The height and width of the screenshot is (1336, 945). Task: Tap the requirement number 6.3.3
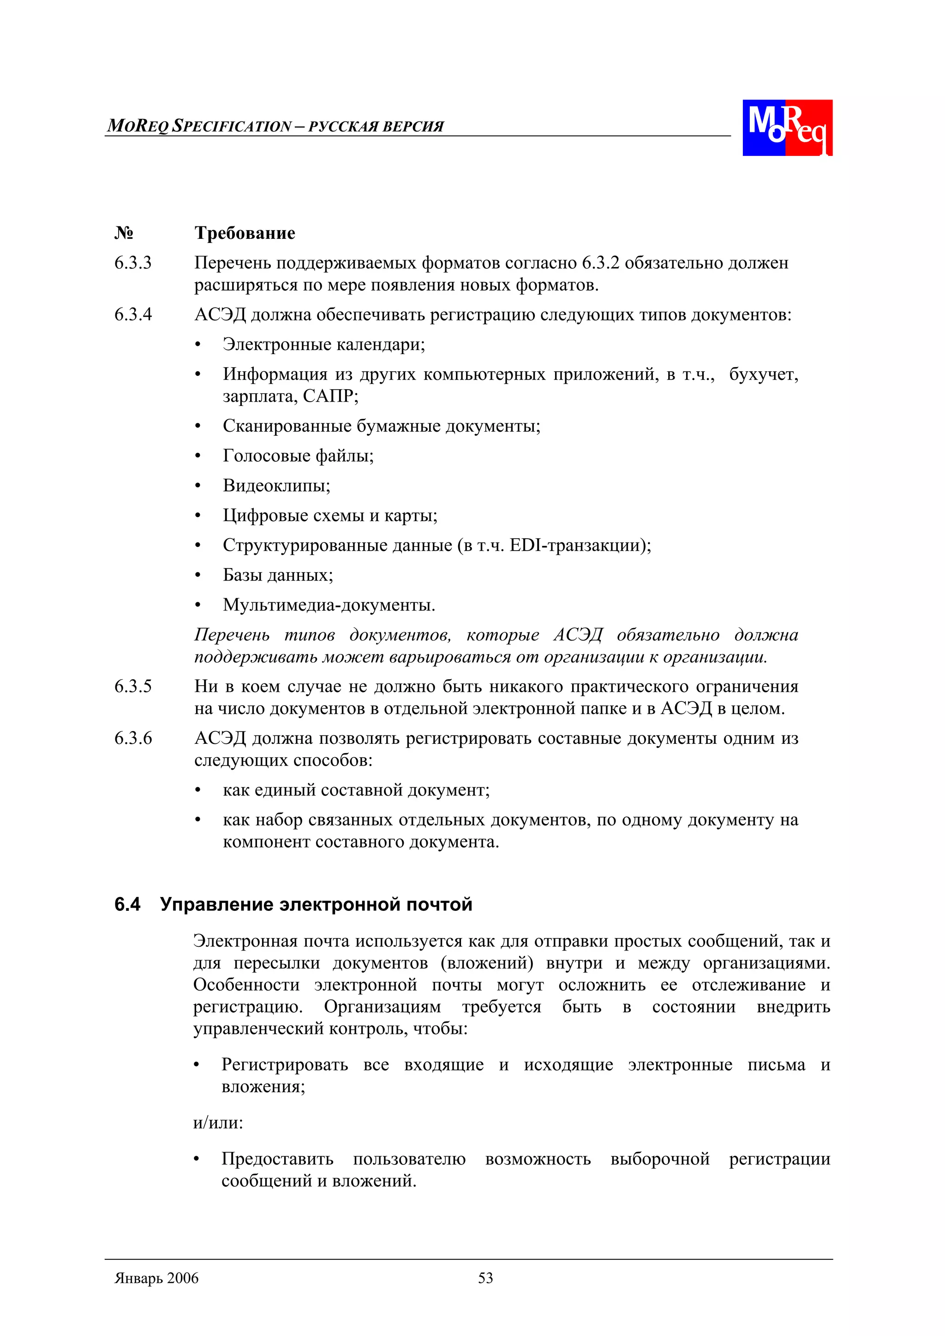[x=133, y=263]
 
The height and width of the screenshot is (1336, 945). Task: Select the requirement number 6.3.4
[x=133, y=315]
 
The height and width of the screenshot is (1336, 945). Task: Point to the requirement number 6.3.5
[x=133, y=687]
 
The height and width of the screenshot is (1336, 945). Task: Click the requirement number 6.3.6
[x=133, y=738]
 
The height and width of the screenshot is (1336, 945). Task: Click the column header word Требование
[x=245, y=233]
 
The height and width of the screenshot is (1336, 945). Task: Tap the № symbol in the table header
[x=124, y=233]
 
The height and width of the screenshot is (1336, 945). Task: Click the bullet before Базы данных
[x=198, y=576]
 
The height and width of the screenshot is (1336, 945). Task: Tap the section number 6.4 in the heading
[x=127, y=905]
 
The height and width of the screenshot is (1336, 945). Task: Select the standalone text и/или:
[x=218, y=1123]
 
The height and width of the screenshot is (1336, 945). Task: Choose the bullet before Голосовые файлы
[x=198, y=456]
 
